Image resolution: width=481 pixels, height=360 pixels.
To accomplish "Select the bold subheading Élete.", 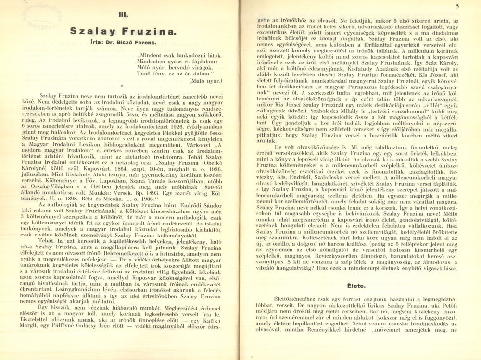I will pyautogui.click(x=359, y=285).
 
